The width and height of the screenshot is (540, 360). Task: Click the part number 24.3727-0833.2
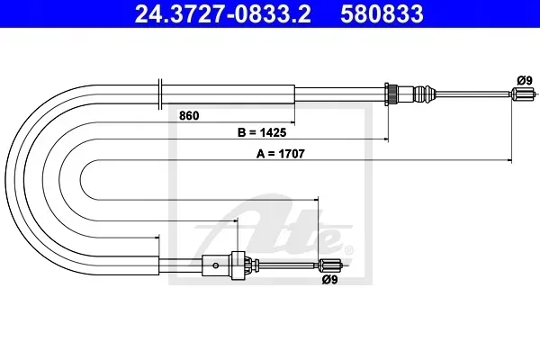[x=223, y=13]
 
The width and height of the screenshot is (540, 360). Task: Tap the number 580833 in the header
[x=382, y=13]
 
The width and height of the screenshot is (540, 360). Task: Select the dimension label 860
[x=189, y=116]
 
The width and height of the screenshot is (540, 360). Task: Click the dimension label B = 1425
[x=262, y=132]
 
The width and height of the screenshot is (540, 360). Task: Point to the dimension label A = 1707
[x=280, y=154]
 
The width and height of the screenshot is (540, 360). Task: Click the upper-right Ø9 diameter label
[x=525, y=81]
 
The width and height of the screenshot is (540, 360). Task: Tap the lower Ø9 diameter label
[x=329, y=280]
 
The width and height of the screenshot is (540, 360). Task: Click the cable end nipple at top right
[x=523, y=93]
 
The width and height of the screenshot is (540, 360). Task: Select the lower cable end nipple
[x=329, y=265]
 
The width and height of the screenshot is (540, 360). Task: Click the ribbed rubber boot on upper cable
[x=425, y=93]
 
